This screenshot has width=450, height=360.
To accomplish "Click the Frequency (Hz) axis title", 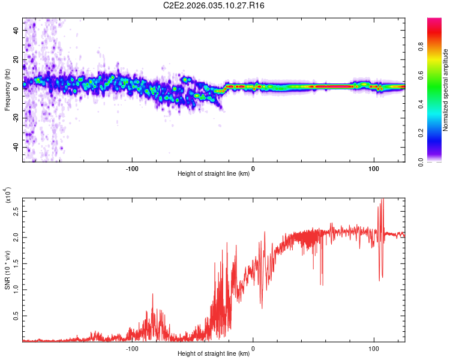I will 7,90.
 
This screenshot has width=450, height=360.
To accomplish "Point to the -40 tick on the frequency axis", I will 16,147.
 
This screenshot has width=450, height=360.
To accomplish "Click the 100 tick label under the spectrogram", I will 374,167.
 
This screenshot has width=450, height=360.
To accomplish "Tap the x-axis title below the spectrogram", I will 214,174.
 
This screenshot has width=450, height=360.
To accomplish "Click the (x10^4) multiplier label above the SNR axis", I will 7,196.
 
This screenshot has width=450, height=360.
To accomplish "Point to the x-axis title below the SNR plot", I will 214,354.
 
